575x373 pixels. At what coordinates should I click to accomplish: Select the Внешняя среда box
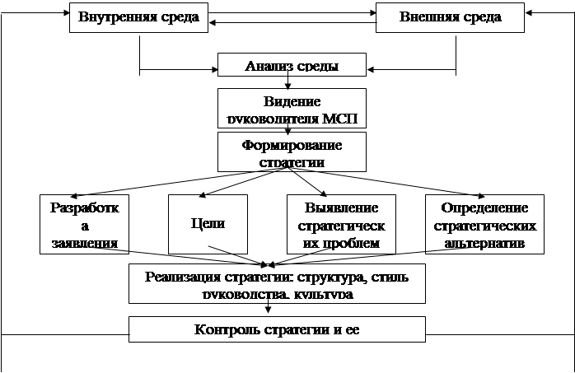[450, 18]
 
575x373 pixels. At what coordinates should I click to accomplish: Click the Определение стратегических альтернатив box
[484, 224]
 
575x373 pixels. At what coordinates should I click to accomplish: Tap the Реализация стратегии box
[277, 283]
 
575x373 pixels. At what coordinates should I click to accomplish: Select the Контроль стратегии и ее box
[277, 329]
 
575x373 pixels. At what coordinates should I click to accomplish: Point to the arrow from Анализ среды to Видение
[287, 82]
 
